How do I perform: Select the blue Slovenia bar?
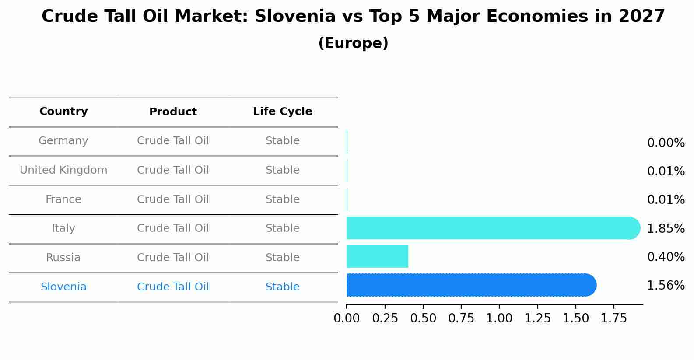470,285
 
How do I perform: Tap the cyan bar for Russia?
377,256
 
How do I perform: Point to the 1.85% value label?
666,228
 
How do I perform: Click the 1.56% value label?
666,286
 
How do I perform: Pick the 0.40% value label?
666,257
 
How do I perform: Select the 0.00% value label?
666,143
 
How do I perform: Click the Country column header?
63,112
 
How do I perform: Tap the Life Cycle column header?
282,112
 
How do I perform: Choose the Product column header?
173,112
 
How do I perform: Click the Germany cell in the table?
63,141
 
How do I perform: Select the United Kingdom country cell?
63,170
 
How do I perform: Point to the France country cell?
63,199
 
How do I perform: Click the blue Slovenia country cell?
63,287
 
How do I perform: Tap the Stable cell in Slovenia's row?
282,287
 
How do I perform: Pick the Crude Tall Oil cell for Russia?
173,258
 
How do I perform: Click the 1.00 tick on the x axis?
499,318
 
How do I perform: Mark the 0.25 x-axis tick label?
385,318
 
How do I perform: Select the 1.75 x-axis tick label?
614,318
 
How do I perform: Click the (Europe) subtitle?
353,43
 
